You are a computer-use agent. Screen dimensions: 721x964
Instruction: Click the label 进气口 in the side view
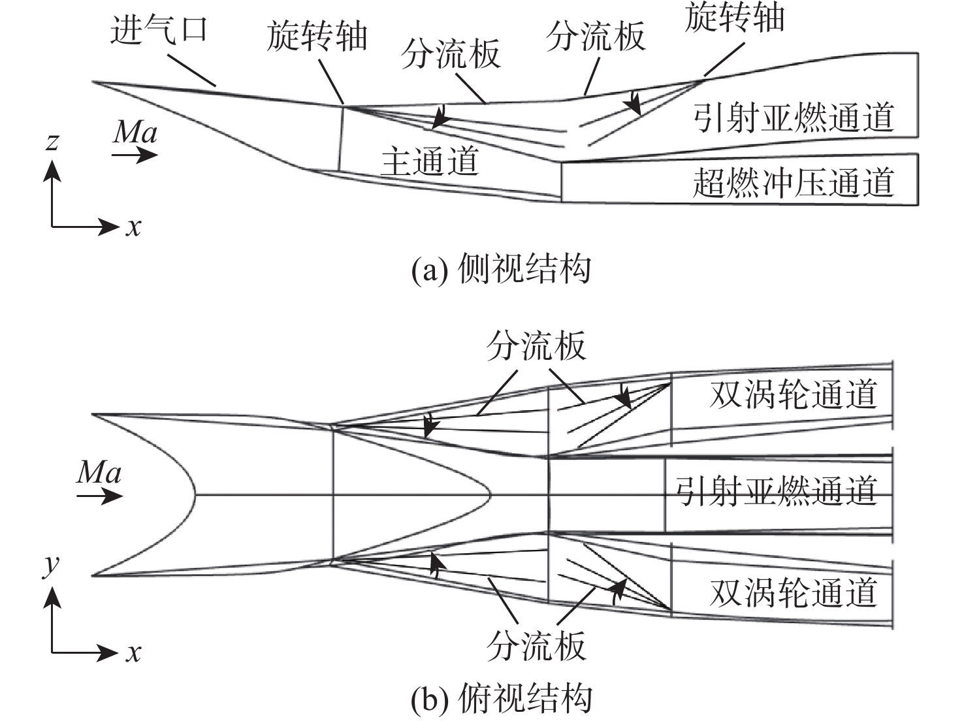159,31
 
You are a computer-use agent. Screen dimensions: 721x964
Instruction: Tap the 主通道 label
430,161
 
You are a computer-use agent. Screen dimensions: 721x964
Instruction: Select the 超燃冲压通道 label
793,182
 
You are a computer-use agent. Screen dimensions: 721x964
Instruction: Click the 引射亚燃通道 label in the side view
793,118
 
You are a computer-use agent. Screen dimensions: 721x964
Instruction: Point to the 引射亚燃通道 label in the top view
775,490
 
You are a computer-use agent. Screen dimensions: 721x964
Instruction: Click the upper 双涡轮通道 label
793,394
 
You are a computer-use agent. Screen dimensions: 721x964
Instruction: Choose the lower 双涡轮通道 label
793,593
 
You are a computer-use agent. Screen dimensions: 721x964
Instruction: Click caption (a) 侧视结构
501,268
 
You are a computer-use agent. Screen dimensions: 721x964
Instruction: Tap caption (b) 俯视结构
501,699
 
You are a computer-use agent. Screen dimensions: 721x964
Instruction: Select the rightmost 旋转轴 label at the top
734,17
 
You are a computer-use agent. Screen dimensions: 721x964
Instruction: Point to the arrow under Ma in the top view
99,496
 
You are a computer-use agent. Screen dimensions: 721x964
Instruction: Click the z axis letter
53,141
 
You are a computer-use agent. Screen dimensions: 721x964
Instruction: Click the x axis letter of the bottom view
133,652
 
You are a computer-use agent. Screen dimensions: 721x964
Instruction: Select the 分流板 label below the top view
536,646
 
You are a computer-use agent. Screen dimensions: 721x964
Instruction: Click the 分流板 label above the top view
536,346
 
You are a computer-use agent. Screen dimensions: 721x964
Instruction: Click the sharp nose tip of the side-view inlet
93,82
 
